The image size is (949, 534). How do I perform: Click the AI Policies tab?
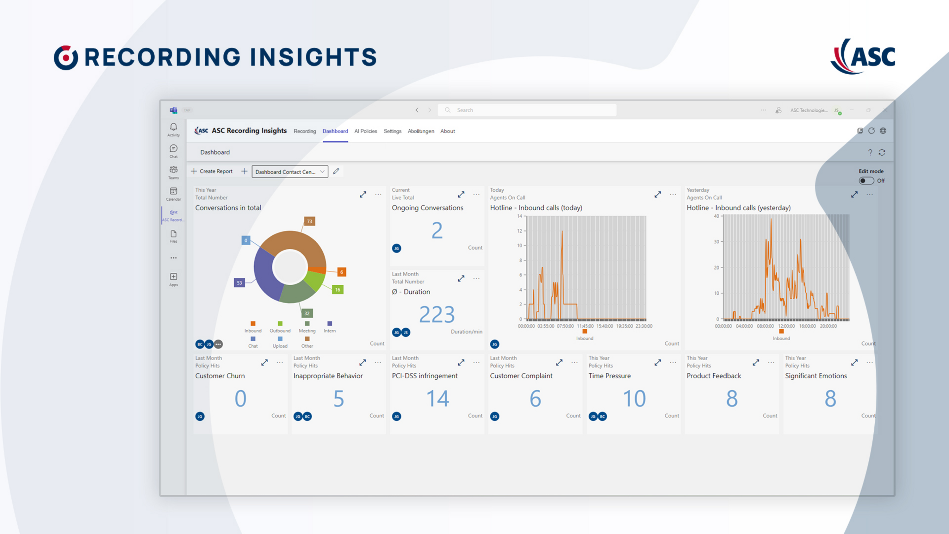pyautogui.click(x=365, y=131)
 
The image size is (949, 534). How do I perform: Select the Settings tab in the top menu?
pyautogui.click(x=392, y=131)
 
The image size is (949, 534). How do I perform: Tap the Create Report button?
pyautogui.click(x=212, y=171)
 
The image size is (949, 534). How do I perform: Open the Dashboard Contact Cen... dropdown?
pyautogui.click(x=289, y=172)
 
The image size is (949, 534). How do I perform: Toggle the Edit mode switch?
pyautogui.click(x=866, y=181)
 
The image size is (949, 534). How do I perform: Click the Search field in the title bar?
pyautogui.click(x=527, y=110)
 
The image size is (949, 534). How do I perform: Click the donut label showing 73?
pyautogui.click(x=309, y=221)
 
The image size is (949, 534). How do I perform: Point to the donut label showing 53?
pyautogui.click(x=239, y=283)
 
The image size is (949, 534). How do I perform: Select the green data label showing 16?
pyautogui.click(x=338, y=290)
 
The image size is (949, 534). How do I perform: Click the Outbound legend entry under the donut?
pyautogui.click(x=280, y=327)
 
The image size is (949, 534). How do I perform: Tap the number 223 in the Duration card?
pyautogui.click(x=437, y=314)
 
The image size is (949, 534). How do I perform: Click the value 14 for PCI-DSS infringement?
pyautogui.click(x=437, y=399)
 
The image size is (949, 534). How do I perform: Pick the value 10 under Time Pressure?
pyautogui.click(x=634, y=399)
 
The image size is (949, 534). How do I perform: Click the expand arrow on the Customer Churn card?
pyautogui.click(x=264, y=363)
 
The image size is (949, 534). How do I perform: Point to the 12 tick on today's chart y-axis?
pyautogui.click(x=519, y=231)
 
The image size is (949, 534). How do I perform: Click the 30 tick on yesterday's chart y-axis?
pyautogui.click(x=716, y=242)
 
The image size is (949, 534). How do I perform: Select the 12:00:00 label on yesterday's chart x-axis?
pyautogui.click(x=786, y=326)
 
